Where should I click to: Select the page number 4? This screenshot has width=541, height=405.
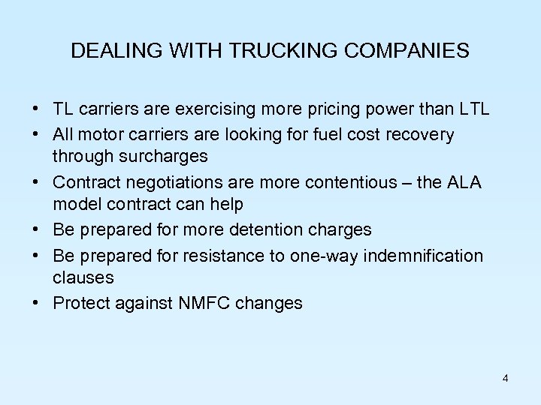pyautogui.click(x=506, y=378)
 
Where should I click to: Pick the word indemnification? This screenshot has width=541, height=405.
pyautogui.click(x=424, y=255)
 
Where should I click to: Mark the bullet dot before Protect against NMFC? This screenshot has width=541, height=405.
pyautogui.click(x=37, y=304)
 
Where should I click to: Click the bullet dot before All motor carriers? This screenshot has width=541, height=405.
pyautogui.click(x=37, y=135)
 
